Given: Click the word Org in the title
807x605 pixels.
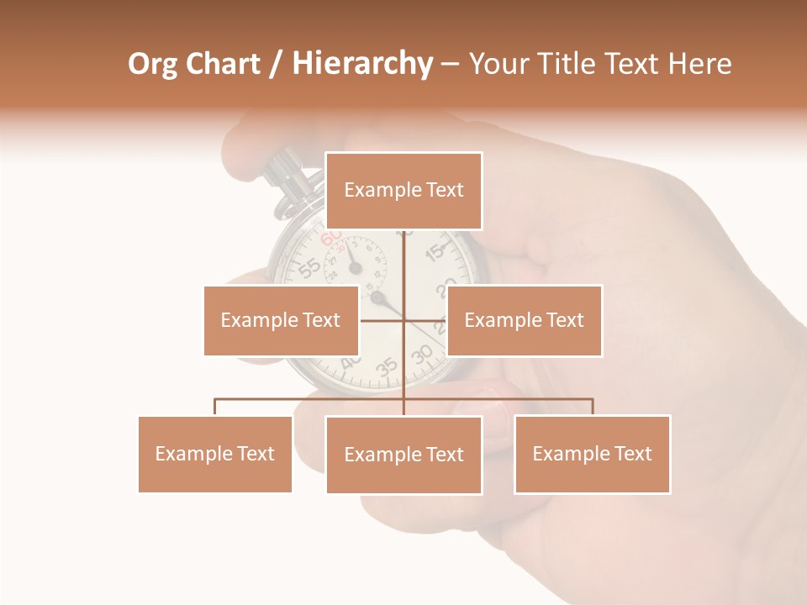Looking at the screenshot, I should [152, 64].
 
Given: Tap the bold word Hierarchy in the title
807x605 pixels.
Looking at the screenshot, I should [361, 64].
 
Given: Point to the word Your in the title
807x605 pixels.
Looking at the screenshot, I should [497, 64].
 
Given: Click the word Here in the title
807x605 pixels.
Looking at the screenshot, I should [700, 64].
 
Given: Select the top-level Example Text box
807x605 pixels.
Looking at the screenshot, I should [403, 191].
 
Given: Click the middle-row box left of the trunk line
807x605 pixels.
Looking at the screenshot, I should [281, 320].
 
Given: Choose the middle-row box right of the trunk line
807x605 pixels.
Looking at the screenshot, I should [524, 320].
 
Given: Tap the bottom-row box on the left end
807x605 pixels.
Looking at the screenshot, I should [214, 454].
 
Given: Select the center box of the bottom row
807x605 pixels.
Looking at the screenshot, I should [403, 455].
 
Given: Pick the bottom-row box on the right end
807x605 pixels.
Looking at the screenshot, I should [592, 454].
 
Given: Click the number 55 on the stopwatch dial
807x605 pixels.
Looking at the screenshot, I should [309, 267].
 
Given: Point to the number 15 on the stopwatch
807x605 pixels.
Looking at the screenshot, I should [435, 251].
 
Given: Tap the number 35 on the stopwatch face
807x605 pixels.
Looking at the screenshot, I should [387, 366].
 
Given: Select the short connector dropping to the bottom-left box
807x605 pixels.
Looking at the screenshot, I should [214, 407].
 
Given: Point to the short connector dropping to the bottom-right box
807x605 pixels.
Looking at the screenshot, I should [592, 407].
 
